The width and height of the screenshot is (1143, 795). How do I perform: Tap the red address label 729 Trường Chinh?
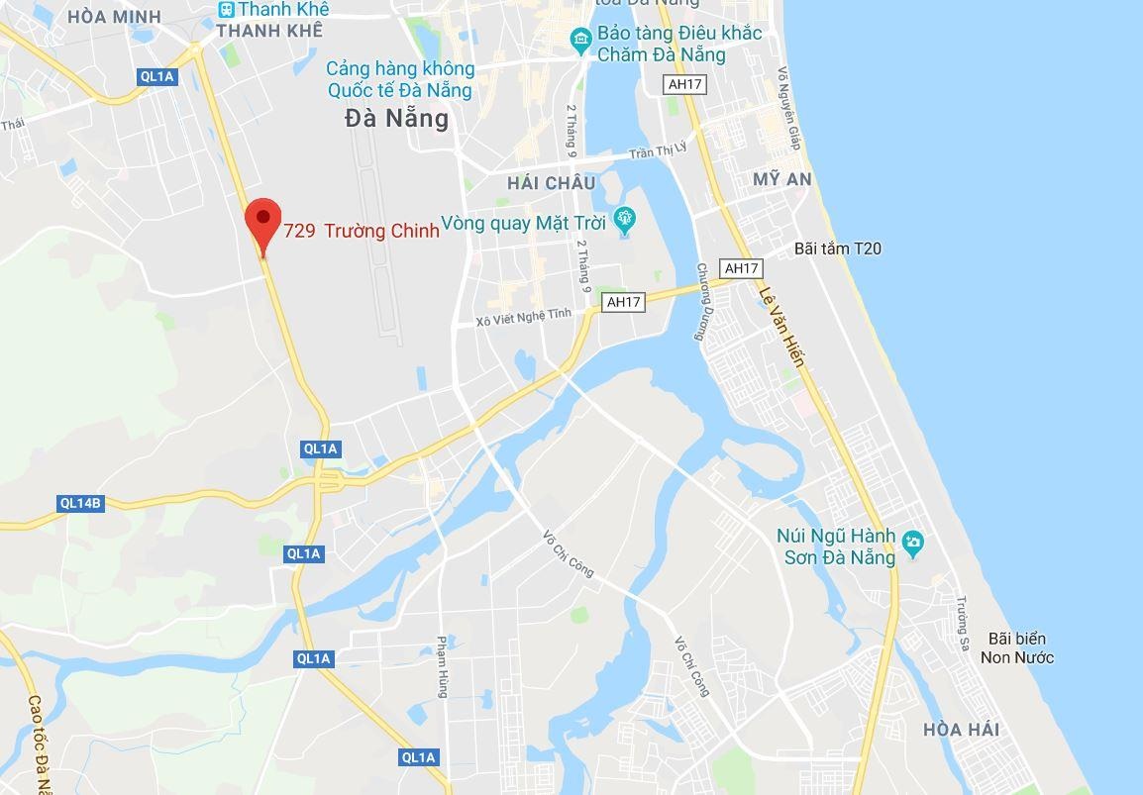click(362, 232)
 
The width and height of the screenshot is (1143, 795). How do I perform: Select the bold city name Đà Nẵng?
click(396, 119)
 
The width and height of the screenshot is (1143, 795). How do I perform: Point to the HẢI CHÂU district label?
click(551, 183)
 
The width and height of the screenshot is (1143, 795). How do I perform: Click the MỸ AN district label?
click(782, 179)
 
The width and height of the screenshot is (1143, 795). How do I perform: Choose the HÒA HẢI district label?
click(961, 730)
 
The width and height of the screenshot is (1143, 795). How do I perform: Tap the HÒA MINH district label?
click(114, 17)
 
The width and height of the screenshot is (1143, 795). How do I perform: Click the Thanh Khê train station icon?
click(227, 9)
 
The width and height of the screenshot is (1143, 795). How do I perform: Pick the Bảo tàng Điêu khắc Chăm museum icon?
click(581, 39)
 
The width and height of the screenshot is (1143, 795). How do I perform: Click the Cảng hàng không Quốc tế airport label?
click(400, 80)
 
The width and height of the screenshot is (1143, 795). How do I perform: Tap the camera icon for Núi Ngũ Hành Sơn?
click(912, 542)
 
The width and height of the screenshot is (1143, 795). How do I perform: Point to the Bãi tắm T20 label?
click(837, 248)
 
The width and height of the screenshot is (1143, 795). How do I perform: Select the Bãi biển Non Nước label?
click(1016, 648)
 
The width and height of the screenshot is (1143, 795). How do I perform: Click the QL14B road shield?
click(80, 503)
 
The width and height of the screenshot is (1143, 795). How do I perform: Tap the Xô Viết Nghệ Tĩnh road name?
click(524, 316)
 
